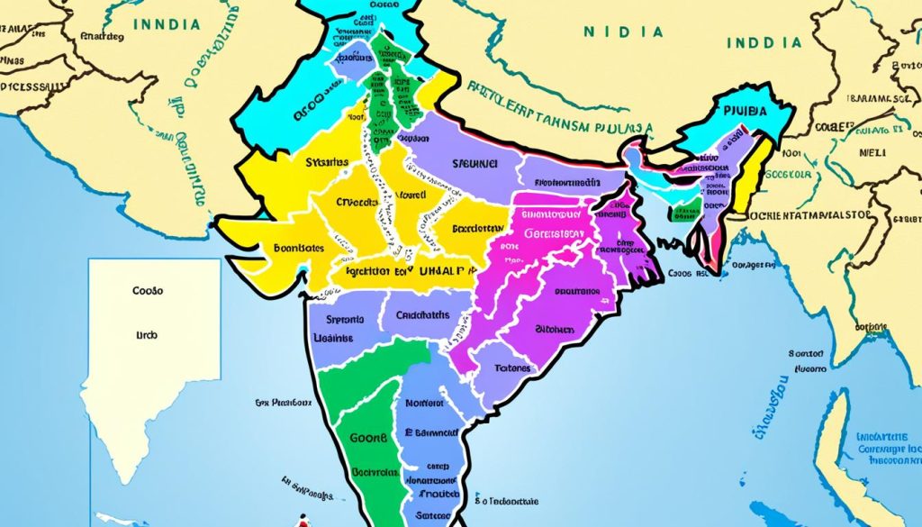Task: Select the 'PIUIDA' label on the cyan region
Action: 748,112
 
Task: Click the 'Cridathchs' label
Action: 421,316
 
